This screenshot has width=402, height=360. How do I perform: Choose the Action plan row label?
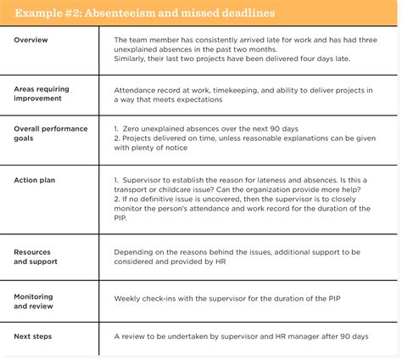coord(36,180)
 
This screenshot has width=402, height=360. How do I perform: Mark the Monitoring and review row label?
coord(35,301)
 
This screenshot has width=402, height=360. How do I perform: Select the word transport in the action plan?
coord(134,190)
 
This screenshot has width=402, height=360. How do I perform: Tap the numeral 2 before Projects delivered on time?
coord(115,138)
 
